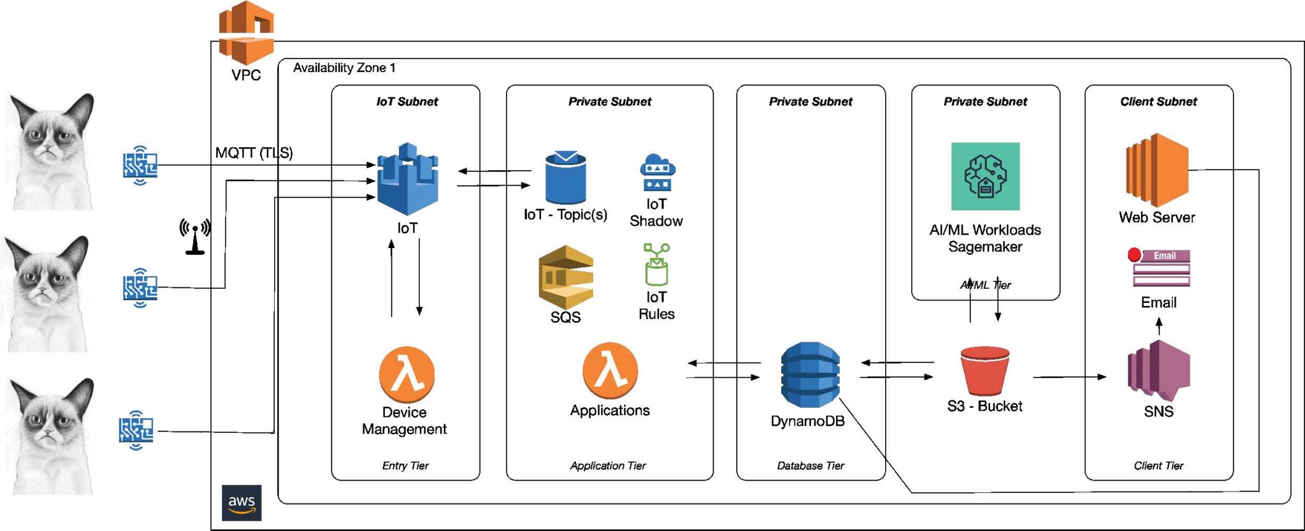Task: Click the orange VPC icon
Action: [x=246, y=31]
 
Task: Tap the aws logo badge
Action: [x=242, y=503]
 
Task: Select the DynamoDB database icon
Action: [x=810, y=375]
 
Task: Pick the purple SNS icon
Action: [x=1158, y=371]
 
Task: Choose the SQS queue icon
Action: [x=566, y=277]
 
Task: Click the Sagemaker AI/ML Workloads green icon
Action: [x=985, y=176]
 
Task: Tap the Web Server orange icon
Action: [x=1157, y=171]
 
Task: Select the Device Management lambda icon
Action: [x=407, y=375]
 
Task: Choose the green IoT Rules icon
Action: [x=656, y=265]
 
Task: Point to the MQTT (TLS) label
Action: [x=254, y=153]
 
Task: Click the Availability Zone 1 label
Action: [x=344, y=68]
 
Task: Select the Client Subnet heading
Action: [x=1158, y=101]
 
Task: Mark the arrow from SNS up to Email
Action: [x=1159, y=326]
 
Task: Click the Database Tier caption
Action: [x=811, y=466]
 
